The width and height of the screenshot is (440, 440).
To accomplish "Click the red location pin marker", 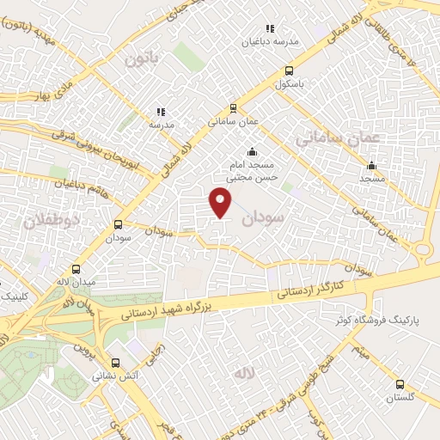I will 221,203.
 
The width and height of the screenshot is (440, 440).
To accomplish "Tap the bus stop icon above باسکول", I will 289,71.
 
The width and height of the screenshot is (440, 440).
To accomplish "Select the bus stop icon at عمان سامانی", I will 233,108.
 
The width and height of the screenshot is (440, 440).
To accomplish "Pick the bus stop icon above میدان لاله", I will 76,268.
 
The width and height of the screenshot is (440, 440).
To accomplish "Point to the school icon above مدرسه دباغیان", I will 271,28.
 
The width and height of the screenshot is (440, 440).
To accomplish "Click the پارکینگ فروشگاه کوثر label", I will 378,321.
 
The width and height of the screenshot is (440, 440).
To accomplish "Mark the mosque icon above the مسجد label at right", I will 371,166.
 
